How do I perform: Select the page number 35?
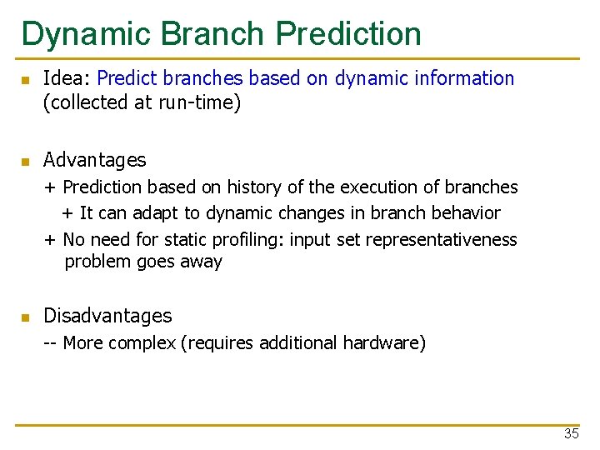[572, 434]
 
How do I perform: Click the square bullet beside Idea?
[26, 80]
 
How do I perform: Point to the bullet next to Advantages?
[26, 161]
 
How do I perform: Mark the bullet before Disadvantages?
[26, 317]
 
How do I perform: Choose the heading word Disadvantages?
[107, 316]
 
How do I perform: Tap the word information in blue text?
[467, 79]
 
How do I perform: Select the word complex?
[141, 343]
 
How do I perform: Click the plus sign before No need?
[50, 240]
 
